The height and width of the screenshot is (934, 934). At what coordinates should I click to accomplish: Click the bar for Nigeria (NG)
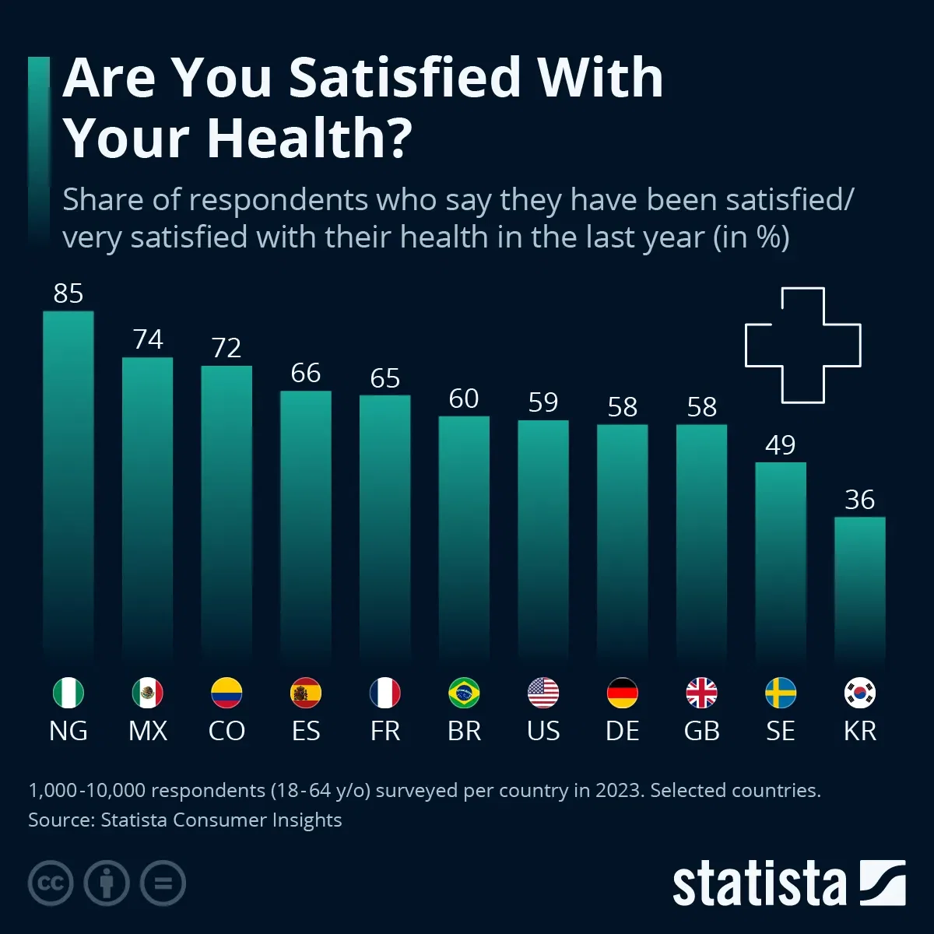[x=68, y=486]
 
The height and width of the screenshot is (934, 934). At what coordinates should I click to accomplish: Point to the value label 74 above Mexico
[x=148, y=339]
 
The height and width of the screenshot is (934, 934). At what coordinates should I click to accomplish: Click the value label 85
[x=68, y=293]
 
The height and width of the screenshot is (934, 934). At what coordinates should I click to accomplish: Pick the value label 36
[x=859, y=500]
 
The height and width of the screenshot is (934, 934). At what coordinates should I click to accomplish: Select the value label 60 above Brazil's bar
[x=464, y=399]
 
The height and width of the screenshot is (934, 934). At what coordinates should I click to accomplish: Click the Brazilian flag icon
[x=464, y=693]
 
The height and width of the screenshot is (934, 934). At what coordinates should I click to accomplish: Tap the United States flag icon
[x=543, y=693]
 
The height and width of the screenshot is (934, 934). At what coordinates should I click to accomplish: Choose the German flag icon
[x=622, y=693]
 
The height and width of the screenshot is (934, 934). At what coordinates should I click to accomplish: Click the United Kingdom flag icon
[x=701, y=693]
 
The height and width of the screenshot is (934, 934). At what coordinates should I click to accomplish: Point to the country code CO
[x=226, y=731]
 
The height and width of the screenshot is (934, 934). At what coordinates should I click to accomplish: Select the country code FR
[x=385, y=731]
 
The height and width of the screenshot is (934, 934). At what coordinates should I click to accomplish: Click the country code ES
[x=306, y=731]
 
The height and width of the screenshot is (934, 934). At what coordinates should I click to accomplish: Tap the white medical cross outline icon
[x=803, y=345]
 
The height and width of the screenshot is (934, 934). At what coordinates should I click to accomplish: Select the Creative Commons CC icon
[x=51, y=883]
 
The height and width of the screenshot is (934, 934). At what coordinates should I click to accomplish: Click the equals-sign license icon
[x=163, y=883]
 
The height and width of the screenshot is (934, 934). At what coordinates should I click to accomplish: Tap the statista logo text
[x=759, y=884]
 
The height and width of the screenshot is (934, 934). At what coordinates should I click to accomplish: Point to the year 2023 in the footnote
[x=620, y=791]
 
